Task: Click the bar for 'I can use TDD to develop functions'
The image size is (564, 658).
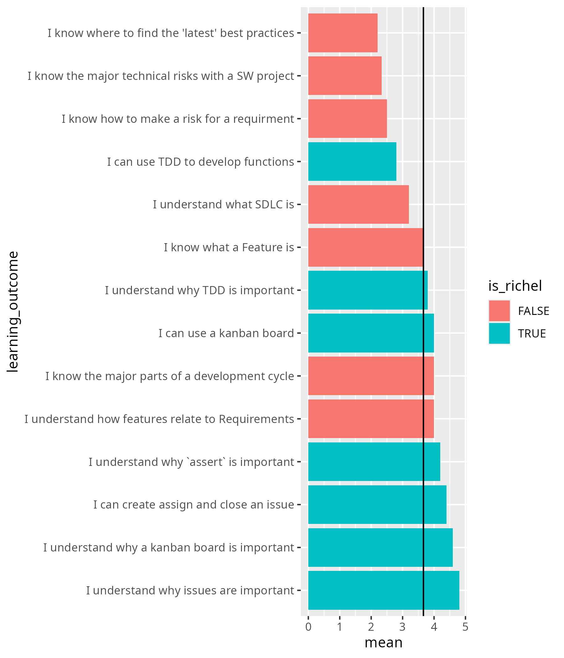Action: pyautogui.click(x=352, y=161)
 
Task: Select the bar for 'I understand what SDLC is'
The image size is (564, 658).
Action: pyautogui.click(x=358, y=204)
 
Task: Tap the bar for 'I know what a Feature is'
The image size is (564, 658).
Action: pyautogui.click(x=365, y=247)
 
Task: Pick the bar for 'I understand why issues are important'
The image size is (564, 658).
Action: pyautogui.click(x=383, y=590)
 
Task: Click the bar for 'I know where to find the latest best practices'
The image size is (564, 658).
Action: pyautogui.click(x=343, y=33)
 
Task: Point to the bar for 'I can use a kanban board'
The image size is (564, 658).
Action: pyautogui.click(x=371, y=333)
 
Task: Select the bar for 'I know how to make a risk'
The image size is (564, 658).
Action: pyautogui.click(x=347, y=118)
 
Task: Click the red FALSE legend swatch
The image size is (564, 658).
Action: pyautogui.click(x=499, y=311)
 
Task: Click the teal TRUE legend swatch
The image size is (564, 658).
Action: pyautogui.click(x=499, y=333)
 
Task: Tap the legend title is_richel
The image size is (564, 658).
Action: pyautogui.click(x=515, y=286)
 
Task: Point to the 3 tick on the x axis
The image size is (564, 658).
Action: pyautogui.click(x=402, y=627)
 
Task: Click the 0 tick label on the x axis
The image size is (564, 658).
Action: pyautogui.click(x=308, y=627)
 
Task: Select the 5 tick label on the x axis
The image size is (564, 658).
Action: pyautogui.click(x=465, y=627)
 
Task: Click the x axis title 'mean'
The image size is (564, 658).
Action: pyautogui.click(x=383, y=642)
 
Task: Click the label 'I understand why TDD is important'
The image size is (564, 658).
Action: pyautogui.click(x=199, y=290)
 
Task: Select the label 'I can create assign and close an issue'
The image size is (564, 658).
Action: pyautogui.click(x=193, y=504)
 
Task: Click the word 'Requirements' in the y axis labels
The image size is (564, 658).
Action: pyautogui.click(x=256, y=419)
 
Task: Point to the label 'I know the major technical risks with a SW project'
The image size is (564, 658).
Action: pyautogui.click(x=161, y=76)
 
